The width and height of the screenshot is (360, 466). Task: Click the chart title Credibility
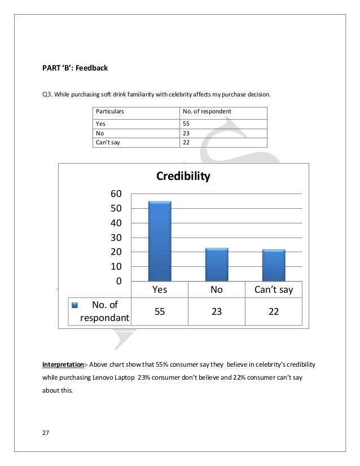point(183,177)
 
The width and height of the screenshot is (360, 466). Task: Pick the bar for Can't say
point(274,265)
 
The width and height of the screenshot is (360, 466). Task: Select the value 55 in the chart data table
point(160,311)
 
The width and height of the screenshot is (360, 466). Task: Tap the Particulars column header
point(110,112)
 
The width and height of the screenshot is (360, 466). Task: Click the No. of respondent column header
point(207,112)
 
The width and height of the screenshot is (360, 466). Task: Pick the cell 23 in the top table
point(186,133)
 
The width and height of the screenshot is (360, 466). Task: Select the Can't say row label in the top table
point(108,142)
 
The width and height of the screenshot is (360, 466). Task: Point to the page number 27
point(45,433)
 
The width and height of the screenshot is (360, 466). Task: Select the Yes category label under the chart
point(160,290)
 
